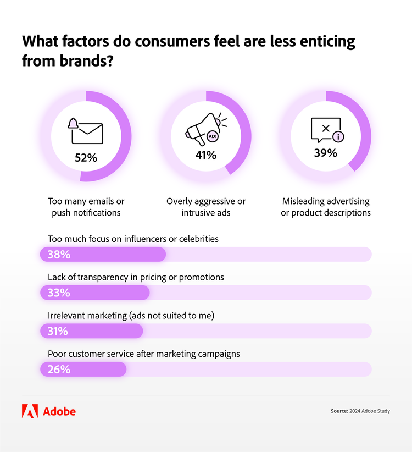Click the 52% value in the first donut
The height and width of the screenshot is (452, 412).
pos(86,158)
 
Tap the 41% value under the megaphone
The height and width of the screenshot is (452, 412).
pos(206,155)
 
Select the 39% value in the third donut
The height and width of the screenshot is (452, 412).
pos(325,153)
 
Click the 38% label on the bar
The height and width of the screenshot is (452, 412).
pos(59,255)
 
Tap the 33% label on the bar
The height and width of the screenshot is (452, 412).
pos(59,293)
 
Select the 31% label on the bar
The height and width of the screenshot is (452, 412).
pos(58,331)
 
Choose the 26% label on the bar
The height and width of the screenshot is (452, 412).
pos(59,370)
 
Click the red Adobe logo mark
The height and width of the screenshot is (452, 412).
pos(30,411)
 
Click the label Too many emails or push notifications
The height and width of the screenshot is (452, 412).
pos(86,207)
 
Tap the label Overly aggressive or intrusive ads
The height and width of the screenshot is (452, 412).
pos(206,207)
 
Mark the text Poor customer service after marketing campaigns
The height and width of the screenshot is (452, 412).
pos(144,354)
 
